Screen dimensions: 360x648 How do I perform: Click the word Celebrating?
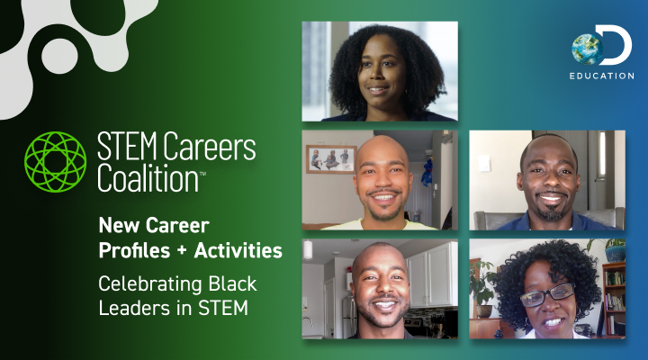[142, 284]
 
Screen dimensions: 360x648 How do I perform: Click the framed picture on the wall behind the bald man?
[330, 159]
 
